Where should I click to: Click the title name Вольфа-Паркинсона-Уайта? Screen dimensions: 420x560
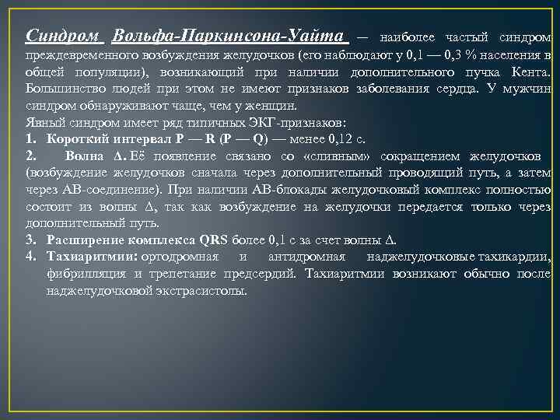(x=229, y=37)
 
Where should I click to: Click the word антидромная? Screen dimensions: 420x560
(x=305, y=257)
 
